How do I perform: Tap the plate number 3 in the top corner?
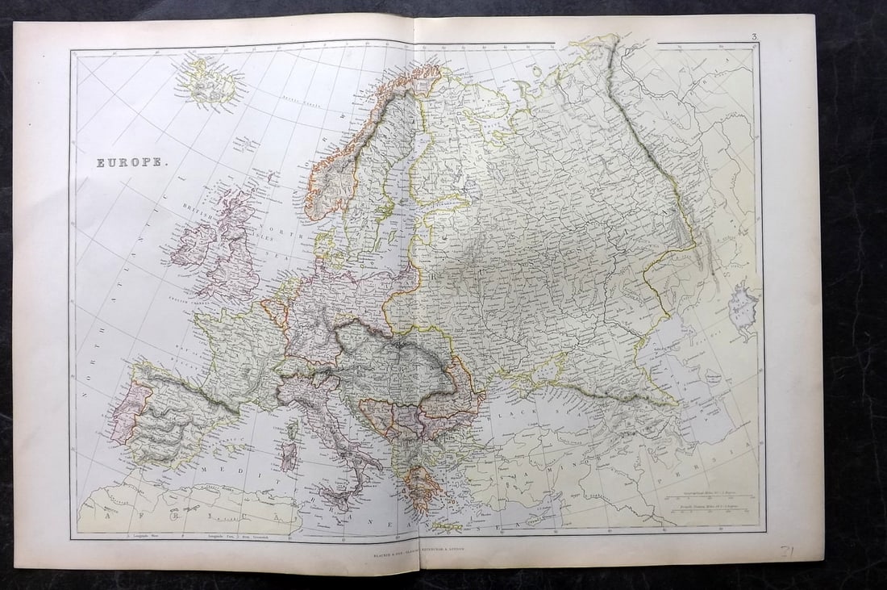(x=752, y=36)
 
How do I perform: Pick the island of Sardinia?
(x=289, y=454)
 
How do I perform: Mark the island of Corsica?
(x=291, y=429)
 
